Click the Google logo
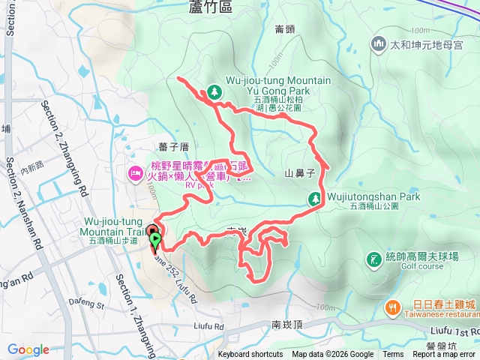click(28, 349)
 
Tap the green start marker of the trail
click(155, 241)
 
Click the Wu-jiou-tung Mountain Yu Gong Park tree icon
click(214, 91)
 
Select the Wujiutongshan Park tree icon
click(316, 198)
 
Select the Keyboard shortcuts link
click(250, 355)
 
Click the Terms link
click(393, 355)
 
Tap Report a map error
click(444, 355)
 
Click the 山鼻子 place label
click(298, 173)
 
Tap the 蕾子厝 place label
click(173, 146)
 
